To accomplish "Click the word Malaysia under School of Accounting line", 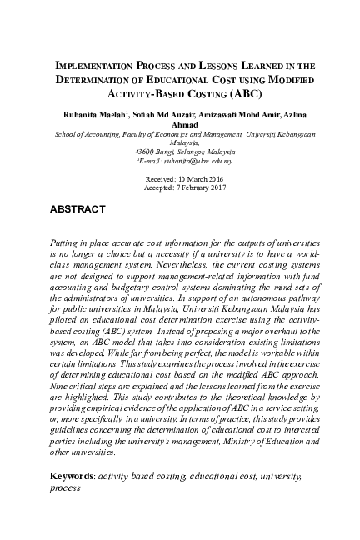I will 179,142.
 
